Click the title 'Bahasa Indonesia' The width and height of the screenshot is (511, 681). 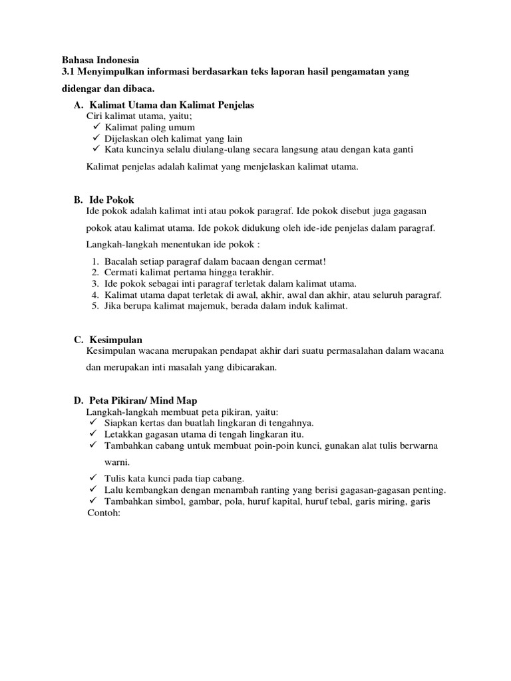(x=100, y=59)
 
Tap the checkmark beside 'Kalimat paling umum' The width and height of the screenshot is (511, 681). (x=96, y=127)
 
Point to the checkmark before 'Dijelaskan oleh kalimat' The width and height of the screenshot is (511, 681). (x=96, y=138)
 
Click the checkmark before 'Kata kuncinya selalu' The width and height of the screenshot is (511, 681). (x=96, y=150)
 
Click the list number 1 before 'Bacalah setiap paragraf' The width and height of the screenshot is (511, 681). (x=96, y=261)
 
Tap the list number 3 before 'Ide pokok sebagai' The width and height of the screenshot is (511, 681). (x=96, y=284)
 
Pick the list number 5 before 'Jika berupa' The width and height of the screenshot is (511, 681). (x=96, y=307)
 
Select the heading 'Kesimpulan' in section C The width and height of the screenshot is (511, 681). (x=116, y=340)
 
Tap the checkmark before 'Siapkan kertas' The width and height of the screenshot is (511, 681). (x=92, y=423)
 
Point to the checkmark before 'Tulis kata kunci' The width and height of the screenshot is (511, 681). (x=92, y=479)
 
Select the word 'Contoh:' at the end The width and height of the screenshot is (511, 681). (x=102, y=513)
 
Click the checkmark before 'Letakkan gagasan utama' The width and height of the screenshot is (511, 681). (x=92, y=434)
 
